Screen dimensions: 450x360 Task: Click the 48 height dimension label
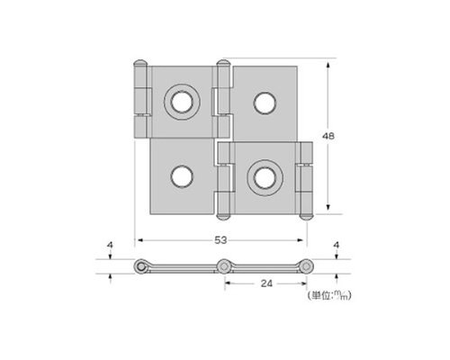(328, 136)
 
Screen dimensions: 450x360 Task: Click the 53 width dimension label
(220, 240)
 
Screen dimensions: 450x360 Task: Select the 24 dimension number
(266, 283)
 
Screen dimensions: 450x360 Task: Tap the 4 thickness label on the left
(110, 245)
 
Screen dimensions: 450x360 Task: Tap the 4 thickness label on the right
(337, 245)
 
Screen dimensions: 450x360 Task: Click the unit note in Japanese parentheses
(329, 296)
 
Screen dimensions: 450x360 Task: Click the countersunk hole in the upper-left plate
(182, 102)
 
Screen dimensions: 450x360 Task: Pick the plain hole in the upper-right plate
(265, 103)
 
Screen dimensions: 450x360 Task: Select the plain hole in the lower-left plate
(182, 176)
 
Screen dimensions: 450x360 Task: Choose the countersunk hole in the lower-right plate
(265, 178)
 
